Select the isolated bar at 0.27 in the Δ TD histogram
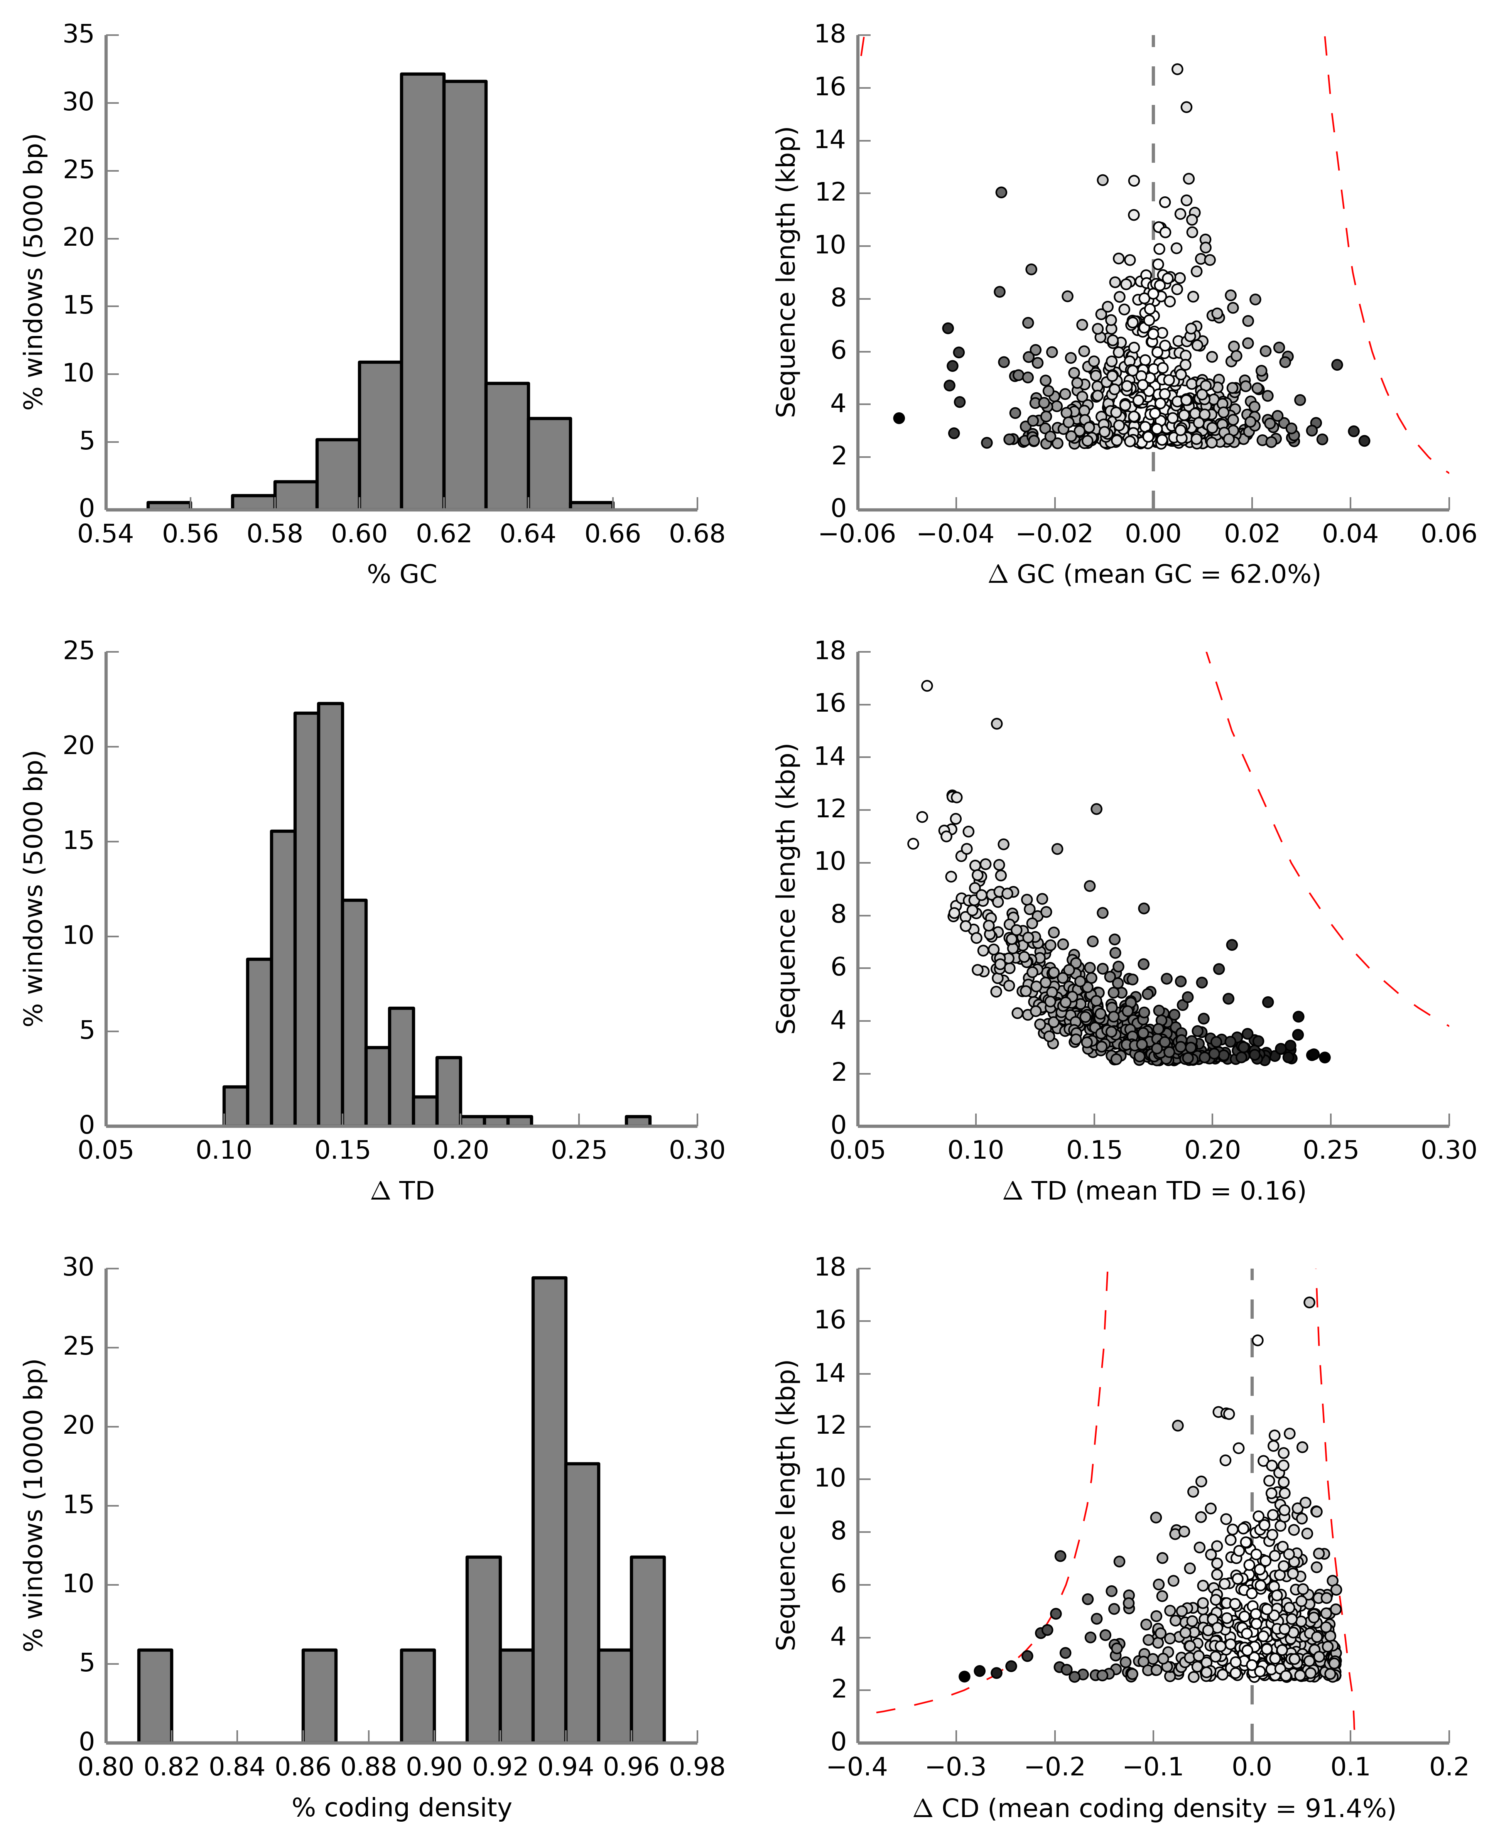tap(637, 1121)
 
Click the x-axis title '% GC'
tap(402, 574)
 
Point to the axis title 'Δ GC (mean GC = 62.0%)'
tap(1154, 574)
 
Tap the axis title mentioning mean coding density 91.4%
tap(1154, 1808)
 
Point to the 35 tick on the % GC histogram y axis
tap(79, 35)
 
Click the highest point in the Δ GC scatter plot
tap(1177, 69)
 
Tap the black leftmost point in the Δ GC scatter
tap(899, 418)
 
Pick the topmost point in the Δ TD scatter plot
tap(927, 685)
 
